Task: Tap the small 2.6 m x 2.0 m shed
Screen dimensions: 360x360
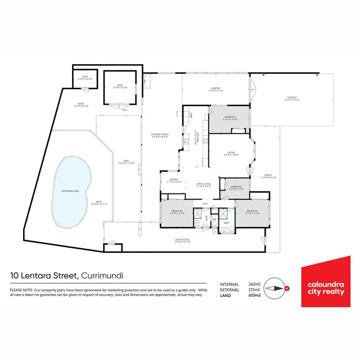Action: [x=84, y=78]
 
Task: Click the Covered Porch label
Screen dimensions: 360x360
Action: [x=159, y=136]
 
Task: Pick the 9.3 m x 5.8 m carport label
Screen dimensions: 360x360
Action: [x=291, y=99]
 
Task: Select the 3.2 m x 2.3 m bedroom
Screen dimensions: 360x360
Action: [x=236, y=188]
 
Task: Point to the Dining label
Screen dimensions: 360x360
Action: [x=173, y=181]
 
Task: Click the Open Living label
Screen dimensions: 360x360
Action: [x=204, y=184]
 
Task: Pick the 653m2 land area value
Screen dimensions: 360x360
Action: [x=254, y=296]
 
